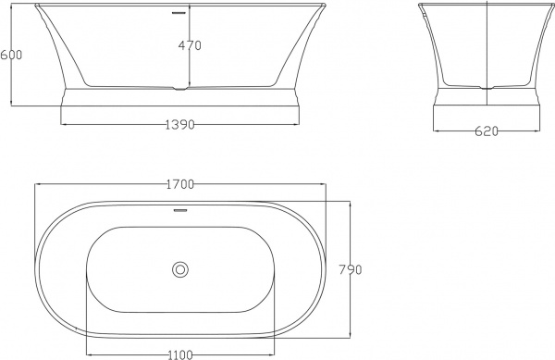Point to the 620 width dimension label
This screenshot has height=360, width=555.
pyautogui.click(x=487, y=131)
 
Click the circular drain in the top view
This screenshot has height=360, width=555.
pyautogui.click(x=179, y=270)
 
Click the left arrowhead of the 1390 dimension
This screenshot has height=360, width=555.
pyautogui.click(x=63, y=124)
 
